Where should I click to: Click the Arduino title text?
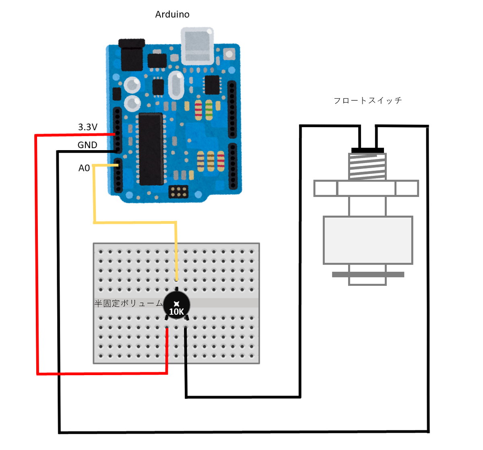tap(172, 14)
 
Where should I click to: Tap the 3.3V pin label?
tap(88, 127)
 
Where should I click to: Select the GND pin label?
tap(87, 145)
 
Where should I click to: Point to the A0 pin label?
tap(84, 168)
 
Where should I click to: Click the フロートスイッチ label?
tap(368, 101)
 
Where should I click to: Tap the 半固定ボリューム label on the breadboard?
tap(128, 303)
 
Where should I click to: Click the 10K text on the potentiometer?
tap(176, 312)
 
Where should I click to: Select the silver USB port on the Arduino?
tap(197, 45)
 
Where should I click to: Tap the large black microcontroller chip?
tap(151, 149)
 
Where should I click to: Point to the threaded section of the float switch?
tap(367, 167)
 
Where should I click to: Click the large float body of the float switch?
tap(368, 240)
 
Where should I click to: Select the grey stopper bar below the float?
tap(368, 275)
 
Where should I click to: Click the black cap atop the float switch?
tap(367, 150)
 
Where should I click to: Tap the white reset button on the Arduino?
tap(229, 54)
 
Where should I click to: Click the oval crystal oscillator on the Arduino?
tap(176, 85)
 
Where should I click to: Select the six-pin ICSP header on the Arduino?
tap(178, 192)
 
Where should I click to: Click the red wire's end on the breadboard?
tap(167, 329)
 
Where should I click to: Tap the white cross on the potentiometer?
tap(176, 304)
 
